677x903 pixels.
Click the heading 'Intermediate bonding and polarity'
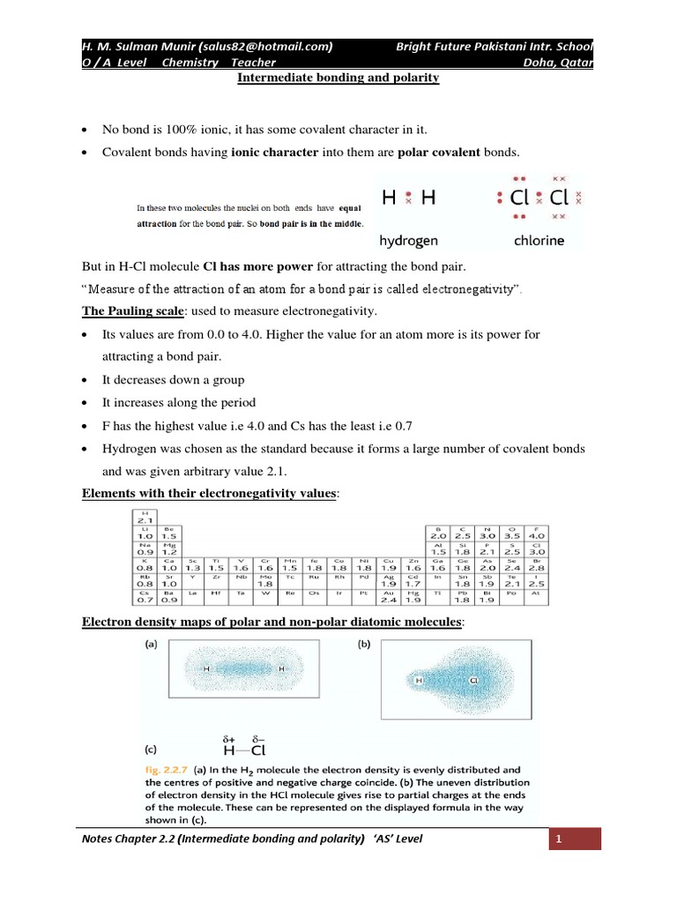(x=338, y=78)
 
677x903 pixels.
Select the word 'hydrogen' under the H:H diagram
(x=409, y=239)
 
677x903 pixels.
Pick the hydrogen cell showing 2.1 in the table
(x=144, y=518)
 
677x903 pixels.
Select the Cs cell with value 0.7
(x=144, y=598)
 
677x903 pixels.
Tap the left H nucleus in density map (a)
(x=206, y=669)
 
